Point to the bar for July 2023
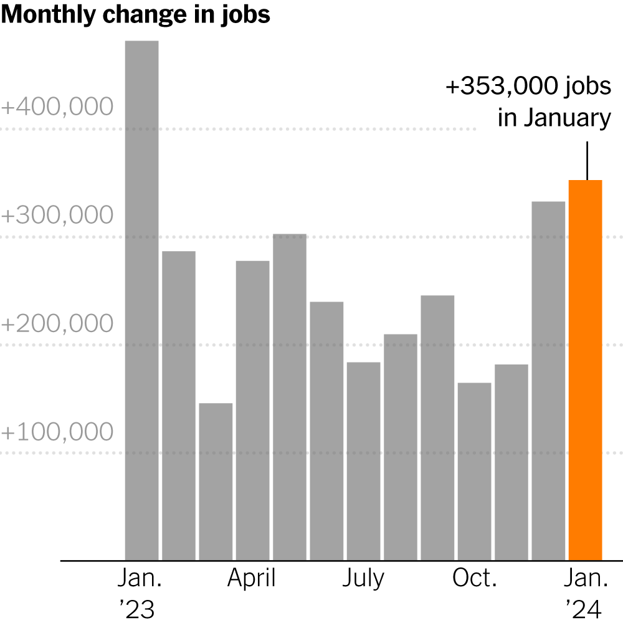pos(363,461)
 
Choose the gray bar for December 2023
pos(548,381)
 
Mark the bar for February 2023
pos(179,406)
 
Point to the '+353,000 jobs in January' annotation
pos(528,102)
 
